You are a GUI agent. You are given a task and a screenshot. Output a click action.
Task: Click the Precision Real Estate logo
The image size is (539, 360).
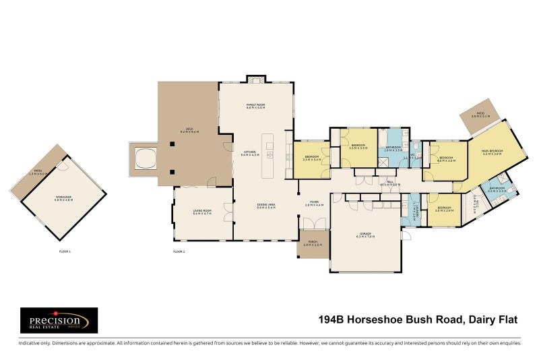pyautogui.click(x=59, y=320)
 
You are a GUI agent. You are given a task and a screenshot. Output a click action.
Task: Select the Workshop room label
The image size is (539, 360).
pyautogui.click(x=63, y=200)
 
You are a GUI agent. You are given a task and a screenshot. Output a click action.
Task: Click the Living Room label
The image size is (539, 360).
pyautogui.click(x=202, y=212)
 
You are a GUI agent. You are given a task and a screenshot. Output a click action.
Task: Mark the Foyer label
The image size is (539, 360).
pyautogui.click(x=314, y=203)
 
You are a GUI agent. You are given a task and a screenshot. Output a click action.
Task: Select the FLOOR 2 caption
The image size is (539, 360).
pyautogui.click(x=179, y=251)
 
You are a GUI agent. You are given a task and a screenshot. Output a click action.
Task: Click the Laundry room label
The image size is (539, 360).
pyautogui.click(x=416, y=209)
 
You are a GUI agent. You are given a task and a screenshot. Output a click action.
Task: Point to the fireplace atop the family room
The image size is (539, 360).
pyautogui.click(x=255, y=80)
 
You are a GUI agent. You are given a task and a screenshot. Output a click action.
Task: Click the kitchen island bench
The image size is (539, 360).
pyautogui.click(x=269, y=154)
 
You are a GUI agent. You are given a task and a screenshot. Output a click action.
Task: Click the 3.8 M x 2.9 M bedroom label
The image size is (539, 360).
pyautogui.click(x=444, y=210)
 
